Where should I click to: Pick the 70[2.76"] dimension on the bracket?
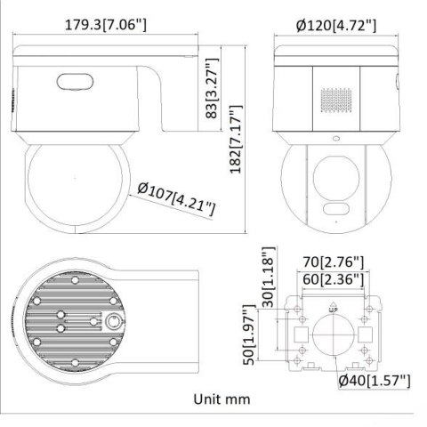(328, 262)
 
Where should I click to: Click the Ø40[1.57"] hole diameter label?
(374, 382)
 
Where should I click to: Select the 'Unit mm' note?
(219, 401)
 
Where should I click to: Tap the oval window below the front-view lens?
(335, 211)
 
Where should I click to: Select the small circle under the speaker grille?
(334, 139)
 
